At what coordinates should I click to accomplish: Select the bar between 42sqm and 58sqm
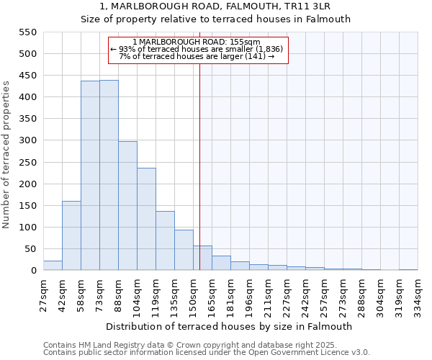point(71,235)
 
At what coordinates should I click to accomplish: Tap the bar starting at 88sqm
point(127,206)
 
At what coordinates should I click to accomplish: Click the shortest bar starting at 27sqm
point(53,266)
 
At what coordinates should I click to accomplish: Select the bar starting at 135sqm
point(184,250)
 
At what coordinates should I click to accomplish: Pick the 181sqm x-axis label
point(230,294)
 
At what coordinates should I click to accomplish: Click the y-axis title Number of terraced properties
point(6,155)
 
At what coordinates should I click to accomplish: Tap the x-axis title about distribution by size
point(230,326)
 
